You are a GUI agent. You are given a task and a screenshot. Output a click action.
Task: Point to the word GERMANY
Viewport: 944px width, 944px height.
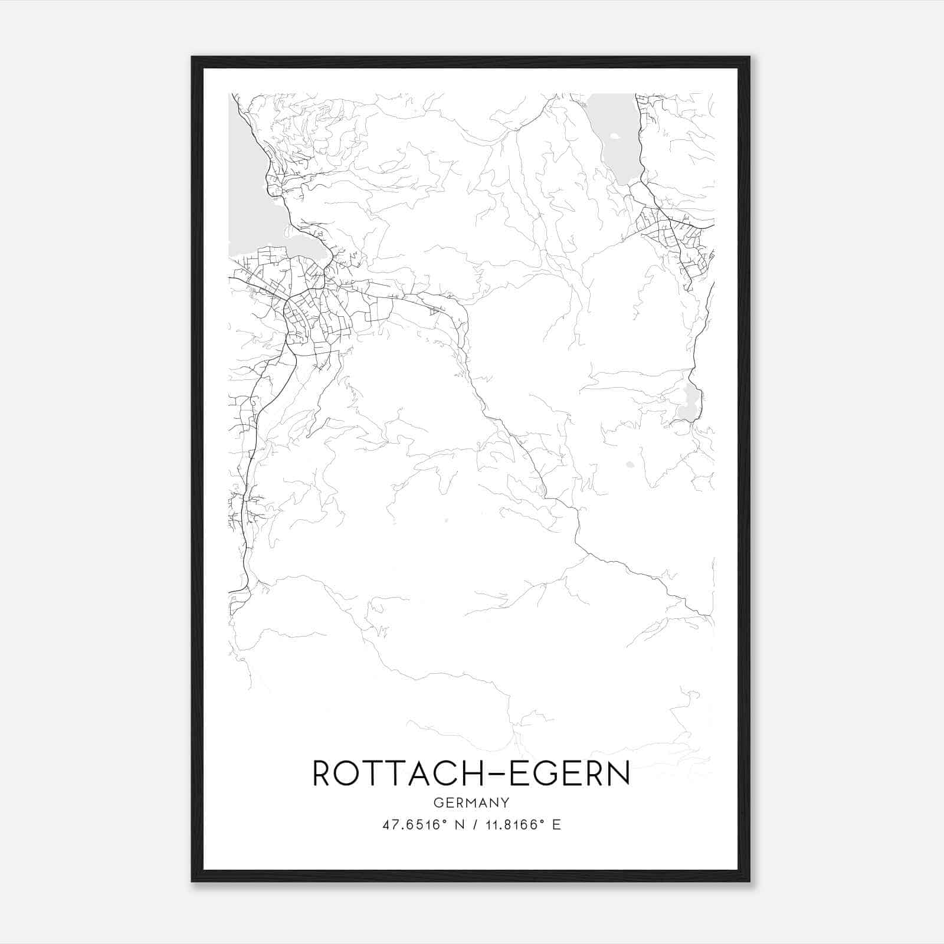(471, 803)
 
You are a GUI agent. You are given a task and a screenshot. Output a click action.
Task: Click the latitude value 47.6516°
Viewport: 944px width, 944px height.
(412, 825)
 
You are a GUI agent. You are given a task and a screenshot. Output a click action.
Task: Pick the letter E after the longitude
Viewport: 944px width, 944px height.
(556, 825)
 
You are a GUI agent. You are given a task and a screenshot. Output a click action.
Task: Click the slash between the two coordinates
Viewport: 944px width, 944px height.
(472, 825)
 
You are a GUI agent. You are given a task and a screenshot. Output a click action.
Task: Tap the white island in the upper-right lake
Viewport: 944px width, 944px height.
(615, 136)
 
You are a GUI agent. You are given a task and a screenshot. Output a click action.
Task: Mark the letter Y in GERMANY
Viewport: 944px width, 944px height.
(505, 803)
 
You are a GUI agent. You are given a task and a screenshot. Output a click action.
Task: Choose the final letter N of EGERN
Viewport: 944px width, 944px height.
(619, 773)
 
